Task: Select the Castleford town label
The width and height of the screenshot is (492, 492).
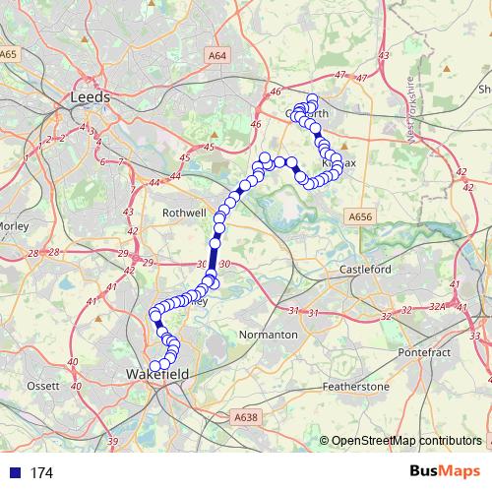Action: [365, 269]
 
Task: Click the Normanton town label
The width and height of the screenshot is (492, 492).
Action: [269, 335]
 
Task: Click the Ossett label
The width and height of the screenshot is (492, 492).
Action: [43, 385]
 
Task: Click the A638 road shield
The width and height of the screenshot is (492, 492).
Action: [246, 417]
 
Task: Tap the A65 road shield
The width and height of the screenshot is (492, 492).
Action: [9, 54]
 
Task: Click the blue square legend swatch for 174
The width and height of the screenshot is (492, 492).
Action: [13, 473]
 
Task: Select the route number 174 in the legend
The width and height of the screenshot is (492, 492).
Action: [41, 473]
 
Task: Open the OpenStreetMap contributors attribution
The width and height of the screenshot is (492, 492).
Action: [406, 440]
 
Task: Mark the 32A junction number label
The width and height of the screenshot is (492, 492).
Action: [438, 308]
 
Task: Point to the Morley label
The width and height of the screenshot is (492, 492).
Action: [17, 225]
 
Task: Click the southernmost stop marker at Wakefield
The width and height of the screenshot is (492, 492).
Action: [154, 366]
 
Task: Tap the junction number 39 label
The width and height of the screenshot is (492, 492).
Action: [113, 440]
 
